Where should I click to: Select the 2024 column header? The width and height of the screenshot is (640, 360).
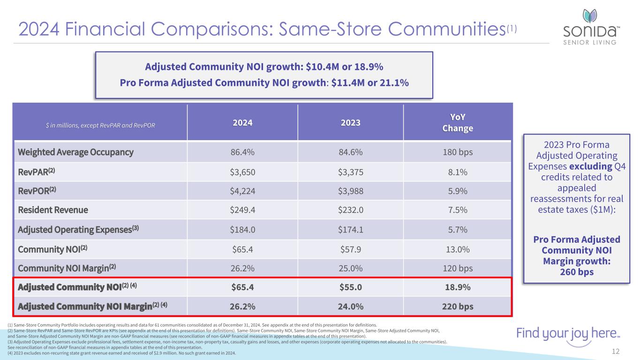[242, 123]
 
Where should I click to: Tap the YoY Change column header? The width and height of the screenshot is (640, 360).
[458, 123]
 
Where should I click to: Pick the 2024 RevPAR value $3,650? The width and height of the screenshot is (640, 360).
[242, 172]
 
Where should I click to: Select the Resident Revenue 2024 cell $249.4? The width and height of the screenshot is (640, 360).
[242, 210]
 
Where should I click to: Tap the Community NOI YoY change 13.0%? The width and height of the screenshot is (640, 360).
[458, 249]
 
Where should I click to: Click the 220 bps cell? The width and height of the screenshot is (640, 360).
[458, 307]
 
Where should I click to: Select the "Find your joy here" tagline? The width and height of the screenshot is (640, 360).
[568, 334]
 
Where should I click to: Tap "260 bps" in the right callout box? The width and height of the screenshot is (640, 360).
[576, 272]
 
